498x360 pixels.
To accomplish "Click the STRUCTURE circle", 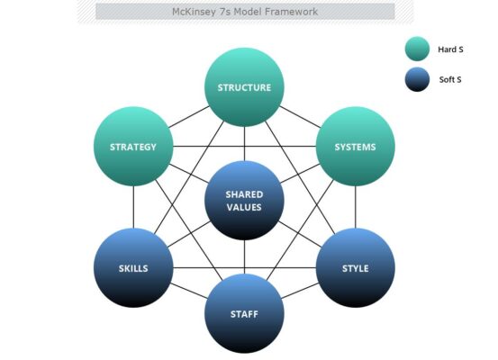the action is coord(244,87).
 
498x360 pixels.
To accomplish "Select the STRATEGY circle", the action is coord(133,147).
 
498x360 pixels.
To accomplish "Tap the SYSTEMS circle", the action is coord(356,147).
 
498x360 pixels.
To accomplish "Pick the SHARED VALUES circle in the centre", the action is coord(244,201).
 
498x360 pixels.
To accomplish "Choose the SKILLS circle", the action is coord(133,267).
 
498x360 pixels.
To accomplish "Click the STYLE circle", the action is coord(356,267).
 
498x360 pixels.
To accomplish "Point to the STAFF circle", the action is coord(244,313).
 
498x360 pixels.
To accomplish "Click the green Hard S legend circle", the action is coord(417,49).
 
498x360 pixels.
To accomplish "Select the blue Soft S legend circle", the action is coord(417,79).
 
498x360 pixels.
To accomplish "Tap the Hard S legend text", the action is coord(450,49).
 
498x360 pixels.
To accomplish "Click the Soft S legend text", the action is coord(450,80).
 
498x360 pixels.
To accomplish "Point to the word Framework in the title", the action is coord(291,12).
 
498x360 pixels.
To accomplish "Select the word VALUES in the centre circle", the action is coord(244,207).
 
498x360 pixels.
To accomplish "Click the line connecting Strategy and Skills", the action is coord(133,207).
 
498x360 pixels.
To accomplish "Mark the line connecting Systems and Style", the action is coord(356,207).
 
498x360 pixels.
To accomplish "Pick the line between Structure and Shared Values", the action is coord(244,144).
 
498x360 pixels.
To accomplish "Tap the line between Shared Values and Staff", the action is coord(244,256).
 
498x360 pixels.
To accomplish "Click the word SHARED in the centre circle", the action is coord(244,194).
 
